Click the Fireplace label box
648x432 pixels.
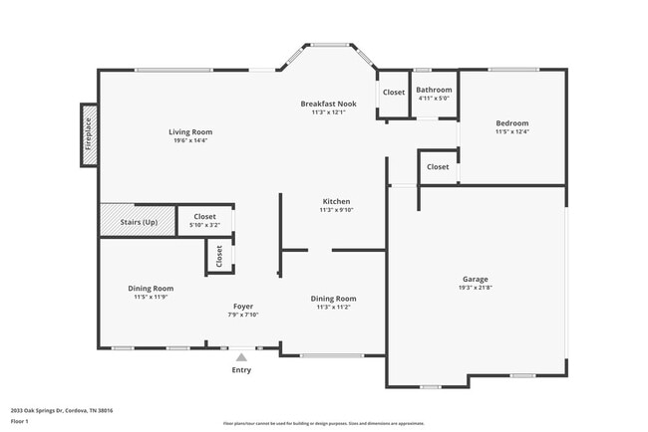[89, 135]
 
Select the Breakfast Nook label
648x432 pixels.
[328, 104]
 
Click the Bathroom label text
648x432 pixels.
[434, 90]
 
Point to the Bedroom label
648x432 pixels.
[511, 123]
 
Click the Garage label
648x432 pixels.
[475, 279]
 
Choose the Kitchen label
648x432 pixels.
[336, 201]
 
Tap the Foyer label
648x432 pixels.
[243, 306]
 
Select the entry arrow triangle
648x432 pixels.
[241, 355]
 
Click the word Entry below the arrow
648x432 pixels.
[241, 370]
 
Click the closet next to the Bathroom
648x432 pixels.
[394, 93]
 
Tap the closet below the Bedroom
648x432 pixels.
[438, 167]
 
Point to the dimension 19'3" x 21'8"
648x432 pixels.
[475, 288]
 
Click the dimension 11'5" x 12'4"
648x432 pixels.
[511, 132]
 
